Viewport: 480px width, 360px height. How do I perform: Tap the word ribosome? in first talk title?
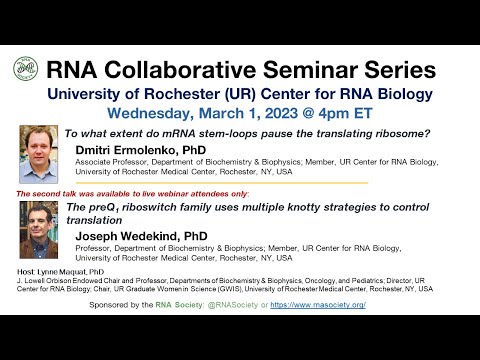tap(394, 133)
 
